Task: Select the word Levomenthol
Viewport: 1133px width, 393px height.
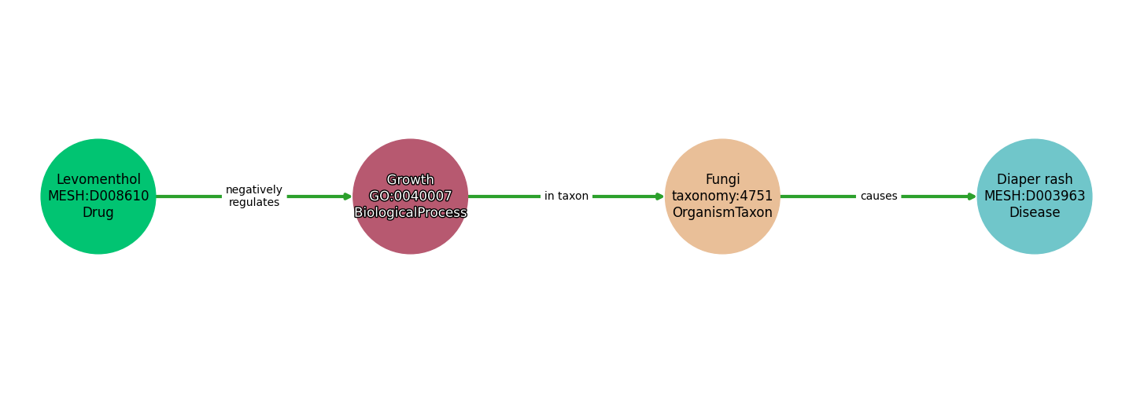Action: coord(98,180)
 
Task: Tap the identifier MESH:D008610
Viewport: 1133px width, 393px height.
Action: coord(98,196)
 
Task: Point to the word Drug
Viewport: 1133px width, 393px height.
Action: coord(98,213)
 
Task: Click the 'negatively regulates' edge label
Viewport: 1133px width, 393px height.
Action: coord(253,196)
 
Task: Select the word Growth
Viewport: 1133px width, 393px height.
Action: coord(411,180)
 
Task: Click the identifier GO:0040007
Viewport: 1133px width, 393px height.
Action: coord(411,196)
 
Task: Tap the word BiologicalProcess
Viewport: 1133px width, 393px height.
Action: coord(411,213)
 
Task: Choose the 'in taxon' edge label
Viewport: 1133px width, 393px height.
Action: coord(566,196)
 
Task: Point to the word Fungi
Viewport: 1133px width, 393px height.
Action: coord(722,180)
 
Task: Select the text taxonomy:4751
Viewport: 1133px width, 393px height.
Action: coord(722,196)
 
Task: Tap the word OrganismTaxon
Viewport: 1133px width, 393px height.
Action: coord(722,213)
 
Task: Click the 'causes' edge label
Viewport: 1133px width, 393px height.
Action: coord(879,196)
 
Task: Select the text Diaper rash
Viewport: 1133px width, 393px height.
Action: coord(1035,180)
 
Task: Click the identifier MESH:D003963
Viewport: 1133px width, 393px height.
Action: coord(1035,196)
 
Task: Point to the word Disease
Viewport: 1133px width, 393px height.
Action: coord(1035,213)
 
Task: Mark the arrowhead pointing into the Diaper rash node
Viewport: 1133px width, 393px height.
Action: coord(972,196)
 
